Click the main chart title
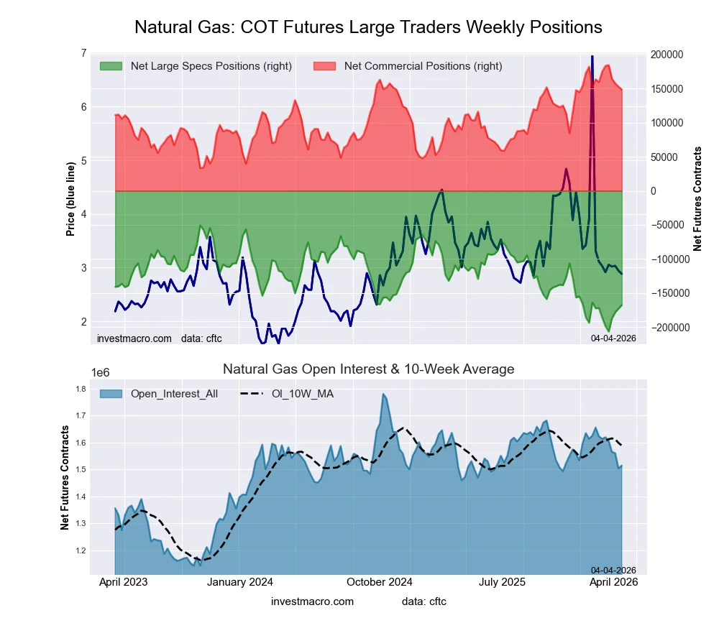[x=368, y=27]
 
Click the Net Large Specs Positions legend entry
[x=211, y=66]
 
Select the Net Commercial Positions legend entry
[x=423, y=66]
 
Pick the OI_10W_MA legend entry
[x=302, y=393]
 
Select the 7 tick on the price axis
[x=83, y=54]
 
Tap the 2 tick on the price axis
[x=83, y=321]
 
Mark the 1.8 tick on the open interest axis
[x=80, y=389]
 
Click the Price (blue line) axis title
[x=70, y=200]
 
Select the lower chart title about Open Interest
[x=368, y=369]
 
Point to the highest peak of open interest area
[x=384, y=394]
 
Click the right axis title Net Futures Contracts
[x=697, y=198]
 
